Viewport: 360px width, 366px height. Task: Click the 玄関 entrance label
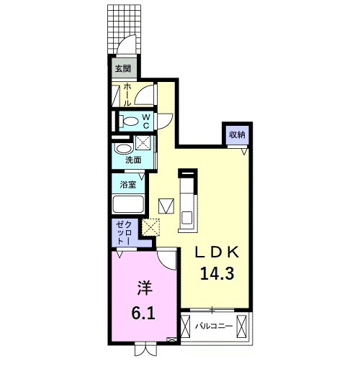(123, 70)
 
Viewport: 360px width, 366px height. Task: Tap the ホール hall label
(127, 94)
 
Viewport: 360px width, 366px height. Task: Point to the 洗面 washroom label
(132, 160)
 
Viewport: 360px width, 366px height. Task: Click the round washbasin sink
(122, 149)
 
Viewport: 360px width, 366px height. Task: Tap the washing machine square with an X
(142, 143)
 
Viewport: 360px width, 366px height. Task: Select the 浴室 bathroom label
(128, 183)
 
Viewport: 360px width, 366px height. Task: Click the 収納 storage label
(237, 134)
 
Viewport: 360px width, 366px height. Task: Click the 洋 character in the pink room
(143, 288)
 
